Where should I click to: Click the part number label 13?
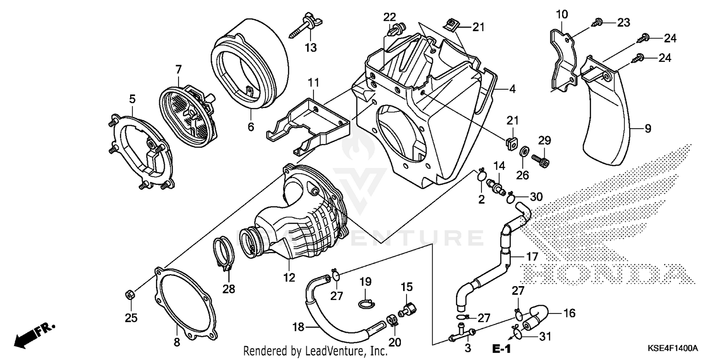(x=311, y=47)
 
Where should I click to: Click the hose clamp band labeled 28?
(x=224, y=252)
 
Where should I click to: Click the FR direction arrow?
(x=34, y=335)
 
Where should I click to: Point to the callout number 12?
(x=289, y=278)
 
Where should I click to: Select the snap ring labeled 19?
(x=365, y=303)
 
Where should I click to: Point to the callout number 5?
(x=132, y=99)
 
